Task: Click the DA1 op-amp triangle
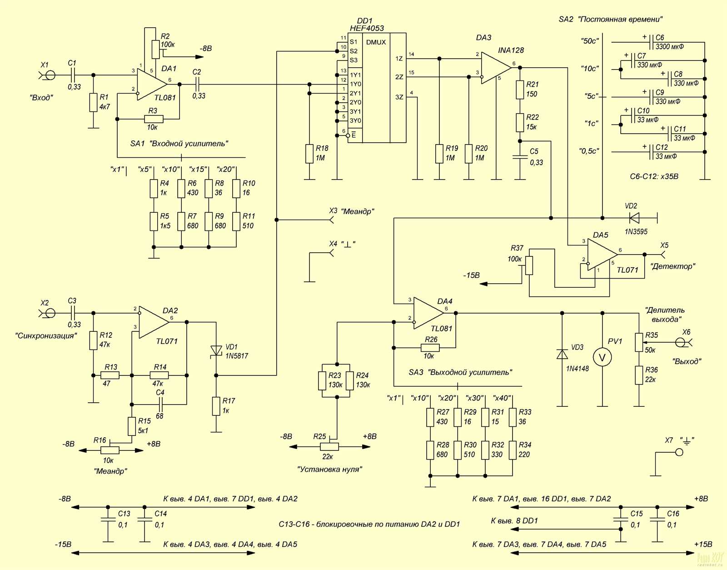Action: pyautogui.click(x=150, y=84)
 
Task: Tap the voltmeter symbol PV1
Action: pyautogui.click(x=602, y=358)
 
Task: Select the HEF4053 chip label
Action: pyautogui.click(x=367, y=28)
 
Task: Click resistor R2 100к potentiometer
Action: pyautogui.click(x=155, y=49)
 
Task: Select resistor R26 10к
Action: pyautogui.click(x=428, y=348)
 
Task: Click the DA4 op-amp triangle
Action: pyautogui.click(x=427, y=313)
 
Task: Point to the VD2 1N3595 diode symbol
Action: pyautogui.click(x=634, y=218)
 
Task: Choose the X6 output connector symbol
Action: pyautogui.click(x=680, y=342)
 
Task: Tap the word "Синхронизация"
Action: pyautogui.click(x=45, y=336)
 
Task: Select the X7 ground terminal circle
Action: pyautogui.click(x=679, y=452)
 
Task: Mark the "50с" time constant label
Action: pyautogui.click(x=590, y=41)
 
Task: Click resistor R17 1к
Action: pyautogui.click(x=216, y=406)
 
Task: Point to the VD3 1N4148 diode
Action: pyautogui.click(x=562, y=354)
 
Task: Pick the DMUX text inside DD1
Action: pyautogui.click(x=376, y=42)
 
